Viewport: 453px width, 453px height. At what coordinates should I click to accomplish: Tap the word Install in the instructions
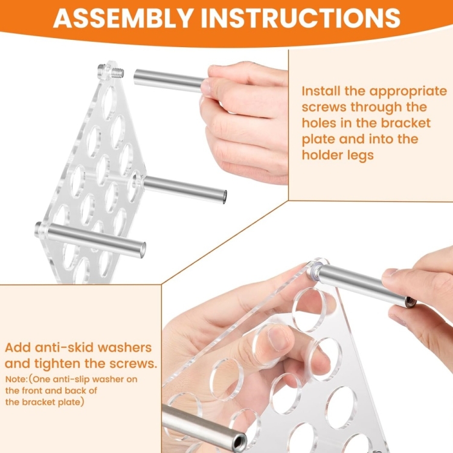[x=321, y=91]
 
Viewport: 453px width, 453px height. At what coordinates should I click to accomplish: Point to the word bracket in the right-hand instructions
[x=405, y=123]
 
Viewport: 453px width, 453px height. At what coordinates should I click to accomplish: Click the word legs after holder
[x=360, y=156]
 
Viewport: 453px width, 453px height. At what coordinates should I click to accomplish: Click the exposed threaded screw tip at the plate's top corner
[x=117, y=73]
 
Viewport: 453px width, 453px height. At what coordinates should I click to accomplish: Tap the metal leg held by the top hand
[x=169, y=80]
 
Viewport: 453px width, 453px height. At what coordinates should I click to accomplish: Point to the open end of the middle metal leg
[x=224, y=197]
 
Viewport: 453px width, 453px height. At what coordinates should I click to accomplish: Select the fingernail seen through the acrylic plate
[x=277, y=333]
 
